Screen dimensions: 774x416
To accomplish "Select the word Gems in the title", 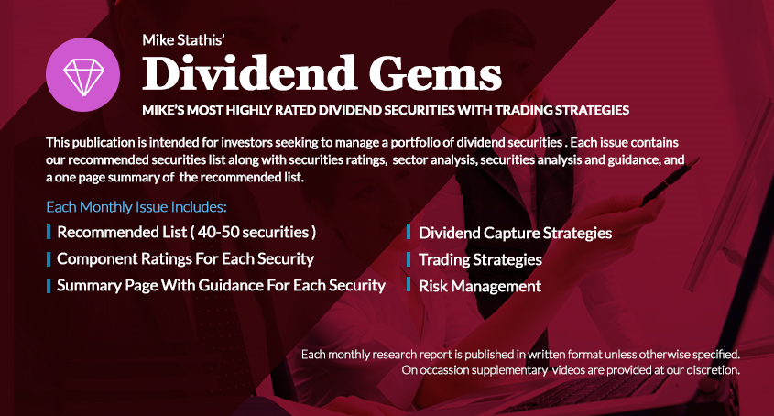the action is (435, 73).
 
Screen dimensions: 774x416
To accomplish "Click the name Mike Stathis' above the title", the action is (183, 40).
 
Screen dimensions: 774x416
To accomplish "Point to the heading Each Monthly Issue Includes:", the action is (136, 207).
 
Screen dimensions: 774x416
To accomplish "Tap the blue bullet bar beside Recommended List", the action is (49, 232).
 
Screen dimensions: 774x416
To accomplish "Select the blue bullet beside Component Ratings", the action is (49, 259).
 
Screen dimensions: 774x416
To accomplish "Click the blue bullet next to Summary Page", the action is (49, 286).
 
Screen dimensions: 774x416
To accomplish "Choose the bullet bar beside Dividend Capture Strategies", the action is (409, 232).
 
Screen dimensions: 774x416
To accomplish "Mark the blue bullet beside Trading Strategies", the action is (409, 259).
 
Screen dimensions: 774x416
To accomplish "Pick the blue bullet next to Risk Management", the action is (409, 285).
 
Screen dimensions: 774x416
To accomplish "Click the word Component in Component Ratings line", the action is (97, 259).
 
